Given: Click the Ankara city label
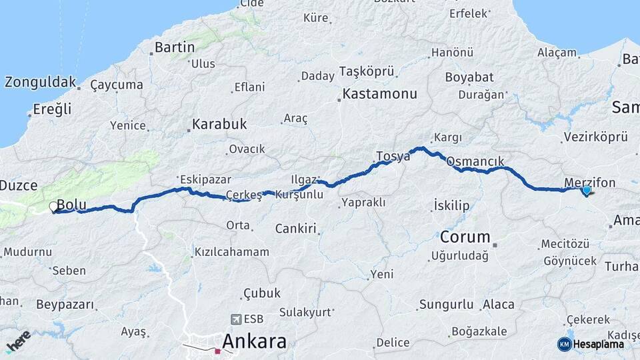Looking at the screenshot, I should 254,341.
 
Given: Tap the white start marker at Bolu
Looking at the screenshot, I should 53,207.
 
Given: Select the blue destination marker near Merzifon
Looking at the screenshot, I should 586,191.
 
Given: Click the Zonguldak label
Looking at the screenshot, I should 40,83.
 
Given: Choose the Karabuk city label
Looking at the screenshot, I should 219,124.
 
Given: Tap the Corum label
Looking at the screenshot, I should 465,237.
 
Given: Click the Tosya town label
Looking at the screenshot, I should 393,157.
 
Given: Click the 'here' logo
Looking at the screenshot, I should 18,341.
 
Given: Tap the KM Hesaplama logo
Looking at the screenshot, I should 591,344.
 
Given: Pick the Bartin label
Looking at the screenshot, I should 174,47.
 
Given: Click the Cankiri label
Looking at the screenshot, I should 295,229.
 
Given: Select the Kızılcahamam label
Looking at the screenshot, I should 231,252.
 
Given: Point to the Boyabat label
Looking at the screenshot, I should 469,77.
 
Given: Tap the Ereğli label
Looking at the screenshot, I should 53,109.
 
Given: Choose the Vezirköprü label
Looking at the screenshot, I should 595,137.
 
